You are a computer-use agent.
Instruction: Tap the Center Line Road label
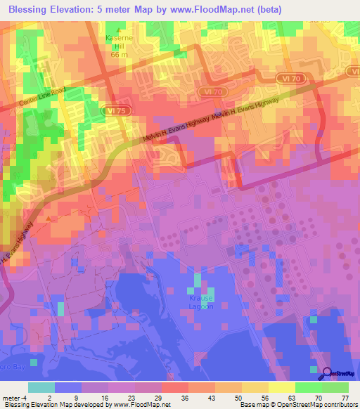41,102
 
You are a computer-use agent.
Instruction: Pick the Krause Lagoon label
202,302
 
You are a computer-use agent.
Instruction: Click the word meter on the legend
11,398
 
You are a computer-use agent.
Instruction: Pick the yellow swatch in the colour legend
281,387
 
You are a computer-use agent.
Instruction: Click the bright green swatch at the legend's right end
335,387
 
